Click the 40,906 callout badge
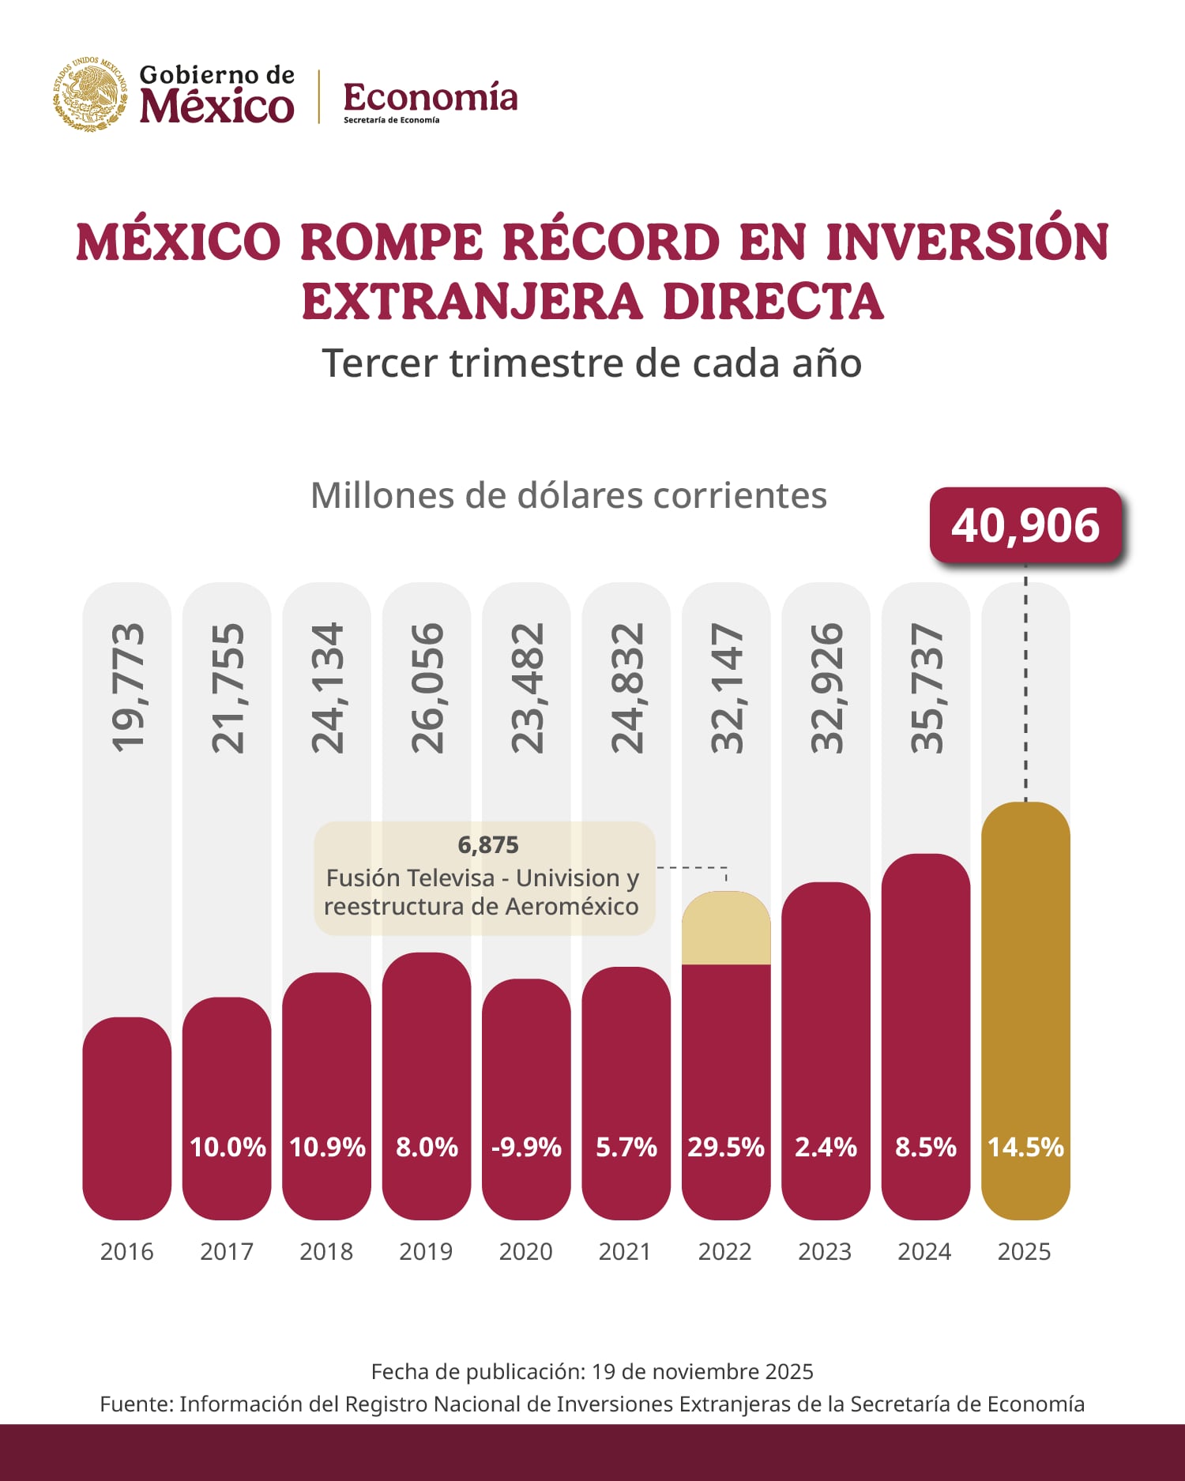coord(1025,525)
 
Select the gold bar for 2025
coord(1025,987)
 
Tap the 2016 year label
coord(126,1252)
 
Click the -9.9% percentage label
coord(526,1147)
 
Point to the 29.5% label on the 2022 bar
coord(725,1147)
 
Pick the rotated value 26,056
coord(427,687)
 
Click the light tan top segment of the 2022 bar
coord(725,929)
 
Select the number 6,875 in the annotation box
coord(488,845)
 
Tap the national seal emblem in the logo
coord(90,95)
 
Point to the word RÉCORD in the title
coord(611,242)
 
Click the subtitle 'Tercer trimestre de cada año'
coord(592,363)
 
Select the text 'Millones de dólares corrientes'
coord(568,496)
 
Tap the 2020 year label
coord(525,1252)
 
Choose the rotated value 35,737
coord(926,687)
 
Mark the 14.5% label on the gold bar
coord(1025,1147)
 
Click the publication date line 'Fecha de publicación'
coord(592,1371)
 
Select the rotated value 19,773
coord(127,687)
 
